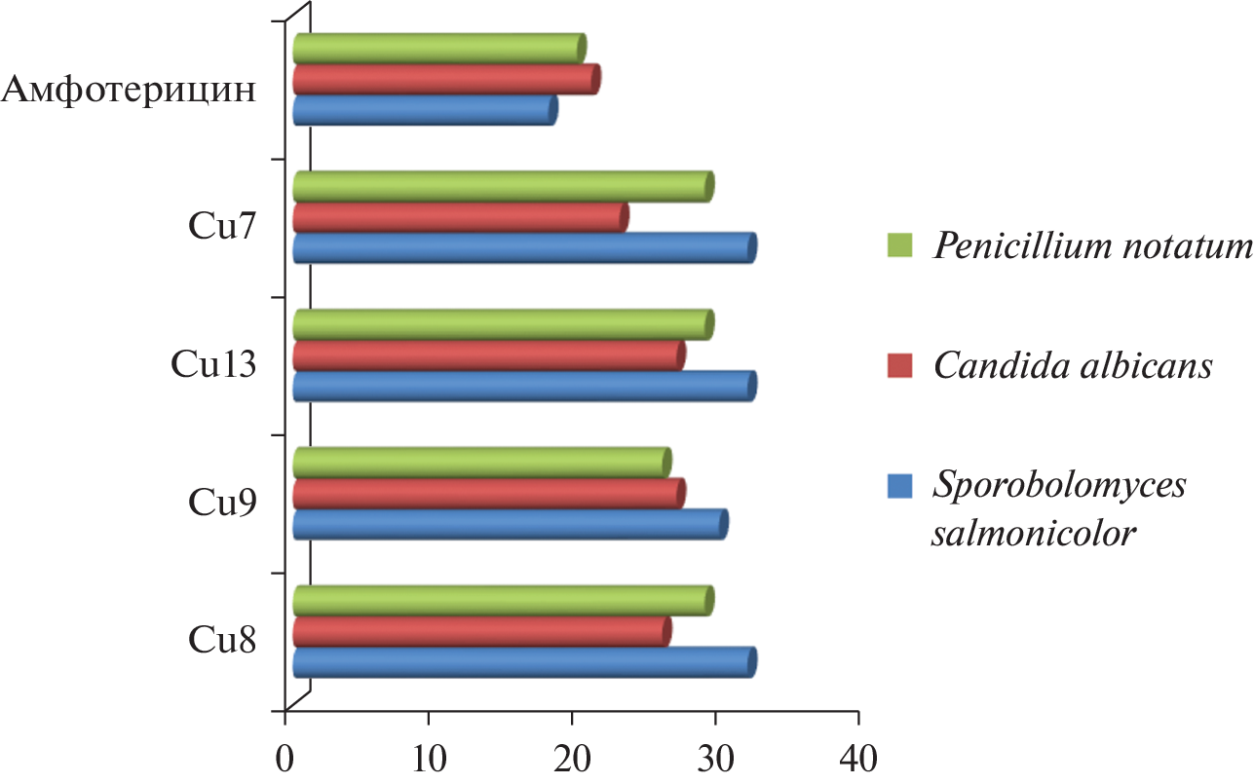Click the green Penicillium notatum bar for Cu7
[x=502, y=186]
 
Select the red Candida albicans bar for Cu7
[x=459, y=218]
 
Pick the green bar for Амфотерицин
[x=438, y=48]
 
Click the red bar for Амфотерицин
[x=445, y=79]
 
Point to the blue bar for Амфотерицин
[x=424, y=110]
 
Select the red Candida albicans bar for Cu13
[x=487, y=355]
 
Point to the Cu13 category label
[x=214, y=366]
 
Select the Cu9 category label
[x=223, y=504]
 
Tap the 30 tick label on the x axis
[x=715, y=757]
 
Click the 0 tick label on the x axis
[x=285, y=757]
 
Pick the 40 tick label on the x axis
[x=858, y=757]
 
